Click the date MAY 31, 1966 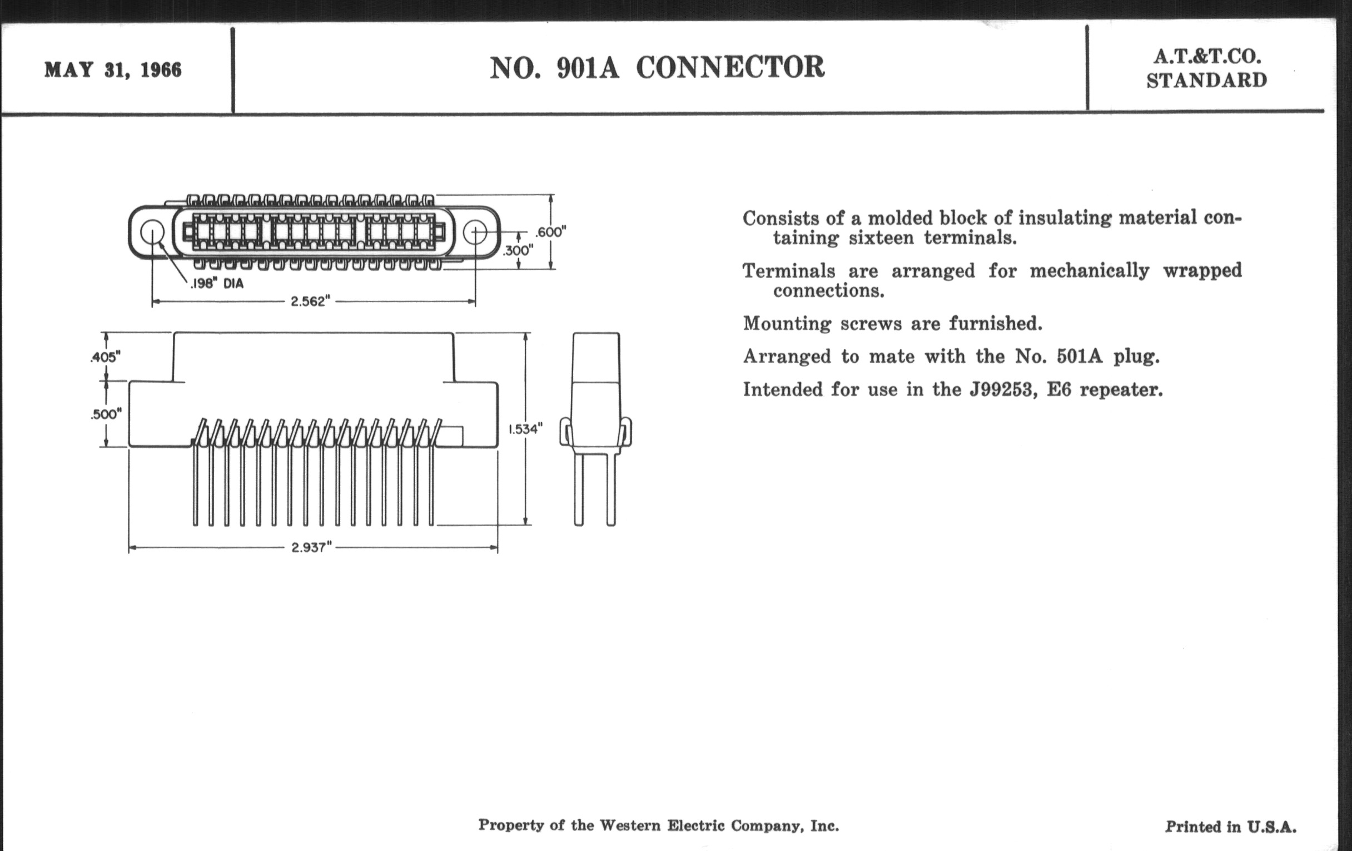pos(113,70)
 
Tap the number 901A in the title pos(588,68)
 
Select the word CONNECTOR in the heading pos(730,67)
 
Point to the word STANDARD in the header pos(1207,80)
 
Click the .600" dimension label pos(551,232)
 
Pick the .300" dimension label pos(518,250)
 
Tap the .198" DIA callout pos(217,284)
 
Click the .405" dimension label pos(106,357)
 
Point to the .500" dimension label pos(106,414)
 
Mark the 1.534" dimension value pos(525,429)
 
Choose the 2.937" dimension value pos(312,548)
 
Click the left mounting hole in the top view pos(152,232)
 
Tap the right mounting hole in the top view pos(475,232)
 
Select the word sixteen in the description pos(881,238)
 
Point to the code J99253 pos(1003,390)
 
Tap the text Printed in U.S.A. pos(1231,827)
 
